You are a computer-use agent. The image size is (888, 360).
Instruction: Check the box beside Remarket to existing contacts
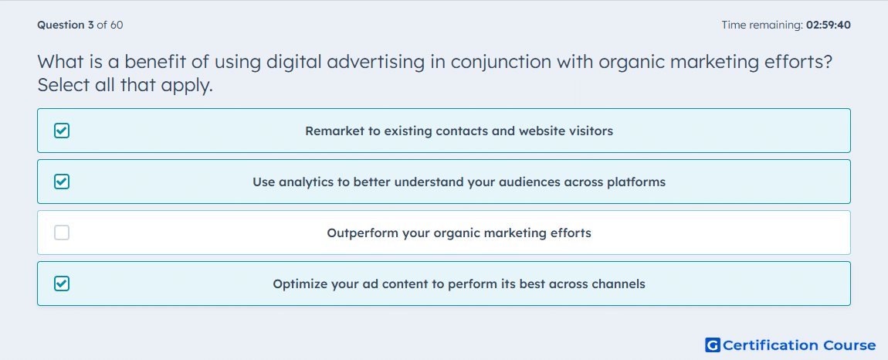(x=62, y=131)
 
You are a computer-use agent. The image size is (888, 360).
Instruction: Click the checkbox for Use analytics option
(x=62, y=182)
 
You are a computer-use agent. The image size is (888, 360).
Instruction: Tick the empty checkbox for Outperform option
(x=62, y=233)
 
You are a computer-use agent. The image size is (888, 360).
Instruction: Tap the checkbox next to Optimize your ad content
(x=62, y=284)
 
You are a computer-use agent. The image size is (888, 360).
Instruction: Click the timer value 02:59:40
(x=828, y=25)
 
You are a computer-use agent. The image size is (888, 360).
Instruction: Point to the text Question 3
(x=66, y=25)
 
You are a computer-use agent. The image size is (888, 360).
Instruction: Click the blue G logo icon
(x=713, y=345)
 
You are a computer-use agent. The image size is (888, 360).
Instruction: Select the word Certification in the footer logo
(x=771, y=345)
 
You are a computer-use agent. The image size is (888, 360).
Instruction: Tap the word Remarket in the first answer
(x=330, y=131)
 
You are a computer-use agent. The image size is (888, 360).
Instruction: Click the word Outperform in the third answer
(x=362, y=233)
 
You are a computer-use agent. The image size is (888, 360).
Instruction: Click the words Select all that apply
(x=125, y=87)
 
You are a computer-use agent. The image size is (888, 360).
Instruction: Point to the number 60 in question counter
(x=117, y=25)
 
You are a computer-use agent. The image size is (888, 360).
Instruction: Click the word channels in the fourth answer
(x=619, y=284)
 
